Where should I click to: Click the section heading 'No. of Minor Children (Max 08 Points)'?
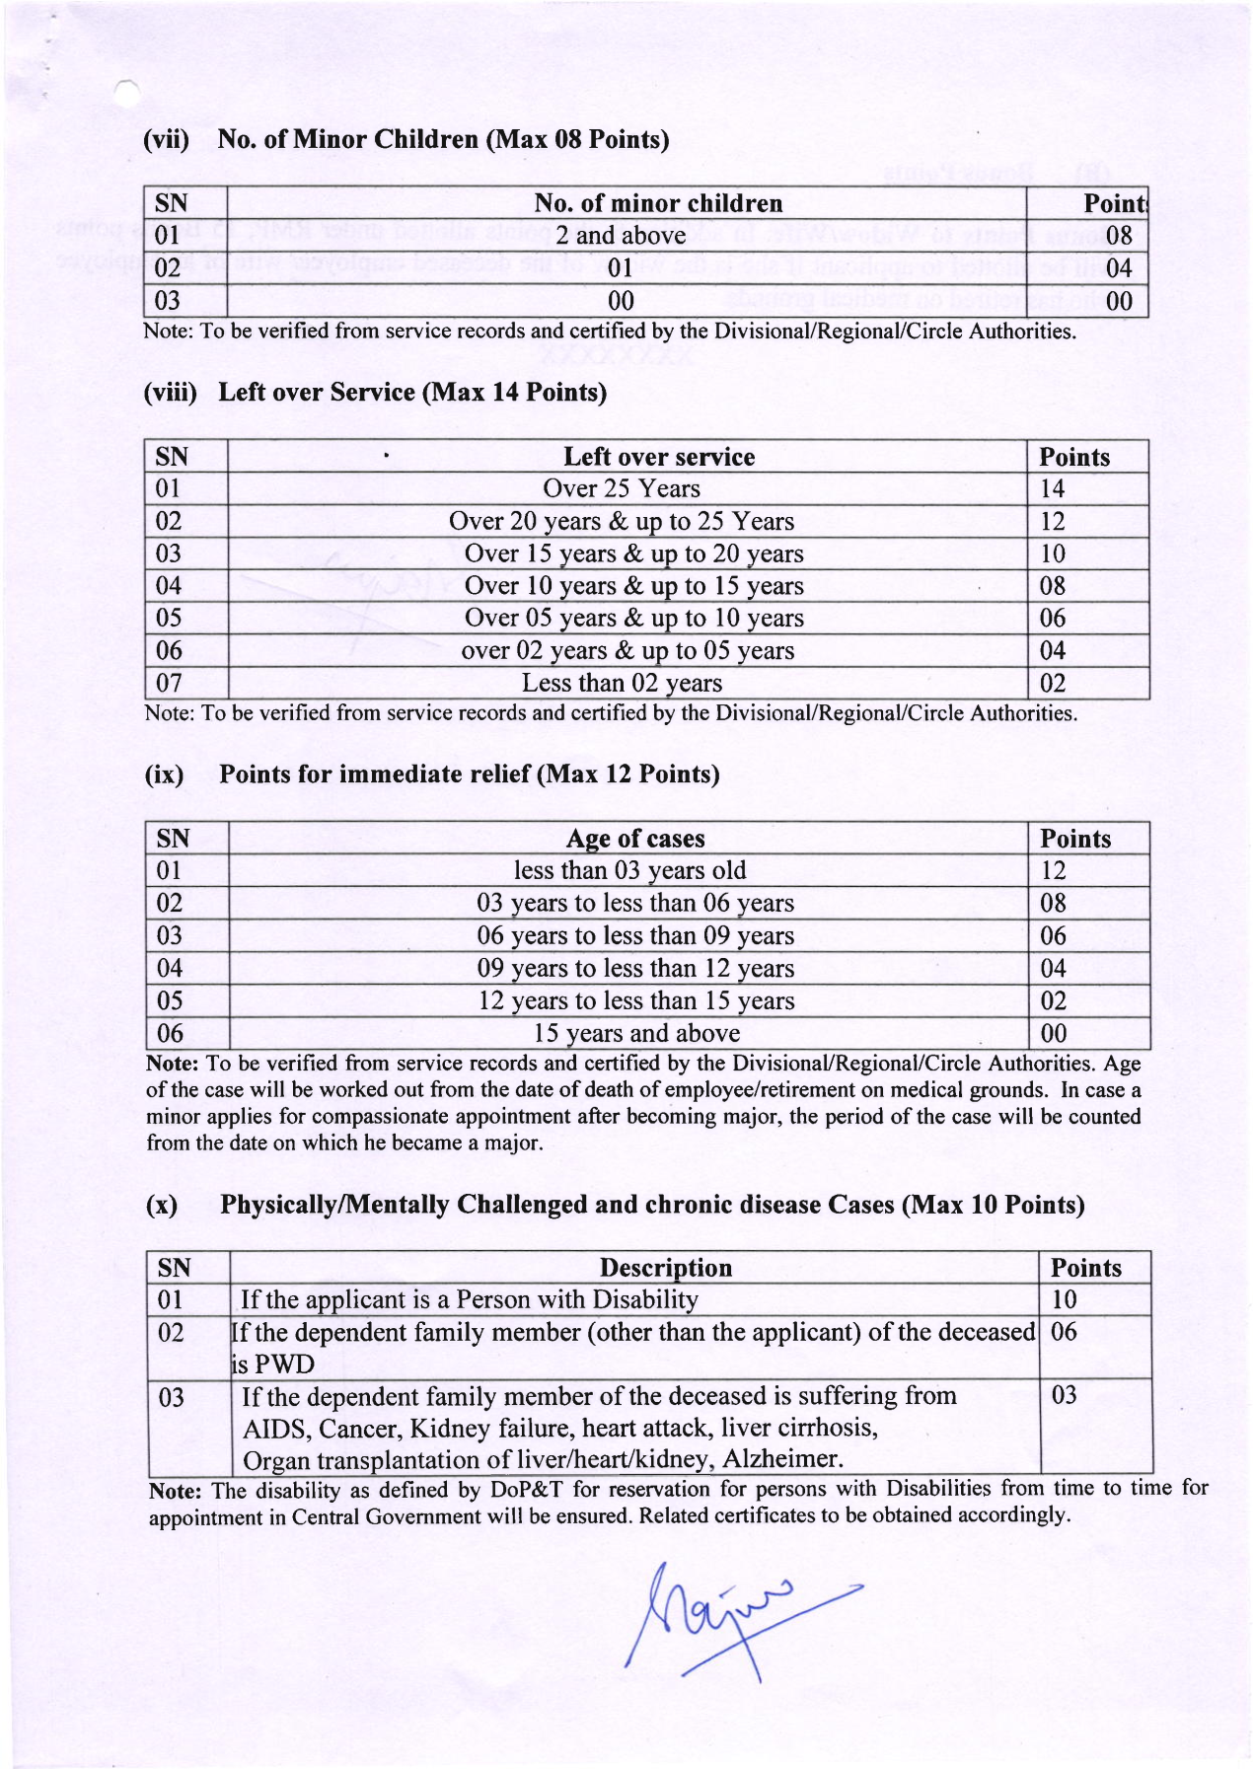pyautogui.click(x=443, y=139)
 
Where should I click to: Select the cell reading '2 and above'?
pyautogui.click(x=620, y=236)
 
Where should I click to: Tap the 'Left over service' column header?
pyautogui.click(x=658, y=457)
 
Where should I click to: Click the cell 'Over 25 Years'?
pyautogui.click(x=621, y=489)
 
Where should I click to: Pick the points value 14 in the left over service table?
pyautogui.click(x=1053, y=489)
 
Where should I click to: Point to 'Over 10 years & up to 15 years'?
pyautogui.click(x=633, y=586)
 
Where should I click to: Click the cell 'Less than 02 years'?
pyautogui.click(x=622, y=683)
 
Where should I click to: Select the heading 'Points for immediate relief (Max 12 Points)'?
pyautogui.click(x=469, y=774)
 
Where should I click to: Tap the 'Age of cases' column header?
pyautogui.click(x=635, y=839)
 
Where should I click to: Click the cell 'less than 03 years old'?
pyautogui.click(x=629, y=870)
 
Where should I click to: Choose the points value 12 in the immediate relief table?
pyautogui.click(x=1054, y=870)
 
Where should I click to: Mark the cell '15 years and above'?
pyautogui.click(x=636, y=1033)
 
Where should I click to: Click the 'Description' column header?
pyautogui.click(x=666, y=1268)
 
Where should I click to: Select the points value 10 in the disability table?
pyautogui.click(x=1064, y=1299)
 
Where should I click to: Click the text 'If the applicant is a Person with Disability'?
pyautogui.click(x=469, y=1299)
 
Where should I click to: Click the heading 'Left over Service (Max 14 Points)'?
pyautogui.click(x=411, y=393)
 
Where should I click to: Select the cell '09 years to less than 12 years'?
pyautogui.click(x=635, y=968)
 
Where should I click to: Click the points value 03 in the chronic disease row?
pyautogui.click(x=1064, y=1396)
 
